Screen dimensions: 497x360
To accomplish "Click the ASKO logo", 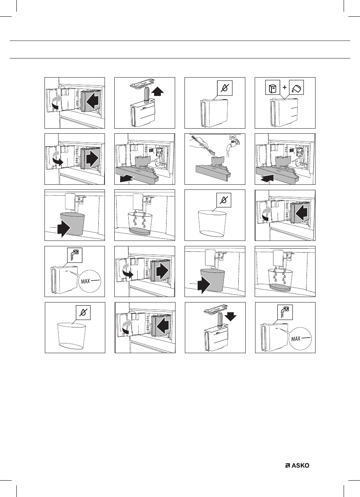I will tap(300, 465).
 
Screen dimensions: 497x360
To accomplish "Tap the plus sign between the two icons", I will tap(285, 88).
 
